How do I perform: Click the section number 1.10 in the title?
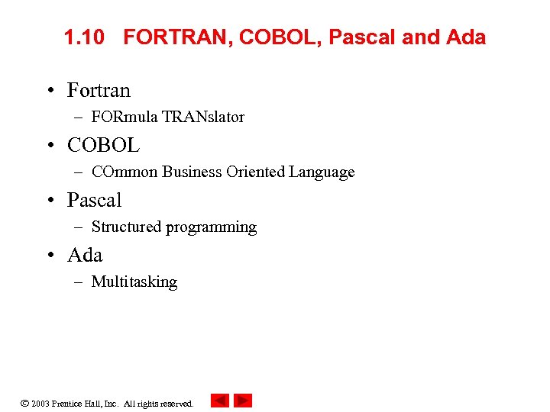pyautogui.click(x=83, y=37)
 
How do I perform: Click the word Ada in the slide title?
pyautogui.click(x=466, y=37)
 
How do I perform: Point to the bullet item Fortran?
pyautogui.click(x=99, y=90)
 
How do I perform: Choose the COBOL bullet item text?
pyautogui.click(x=103, y=145)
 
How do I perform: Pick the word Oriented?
pyautogui.click(x=256, y=172)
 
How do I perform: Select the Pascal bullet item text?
pyautogui.click(x=94, y=200)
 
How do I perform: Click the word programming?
pyautogui.click(x=212, y=227)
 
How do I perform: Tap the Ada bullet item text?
pyautogui.click(x=85, y=255)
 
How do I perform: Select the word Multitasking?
pyautogui.click(x=134, y=282)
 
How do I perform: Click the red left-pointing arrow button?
pyautogui.click(x=219, y=401)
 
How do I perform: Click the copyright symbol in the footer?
pyautogui.click(x=24, y=403)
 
